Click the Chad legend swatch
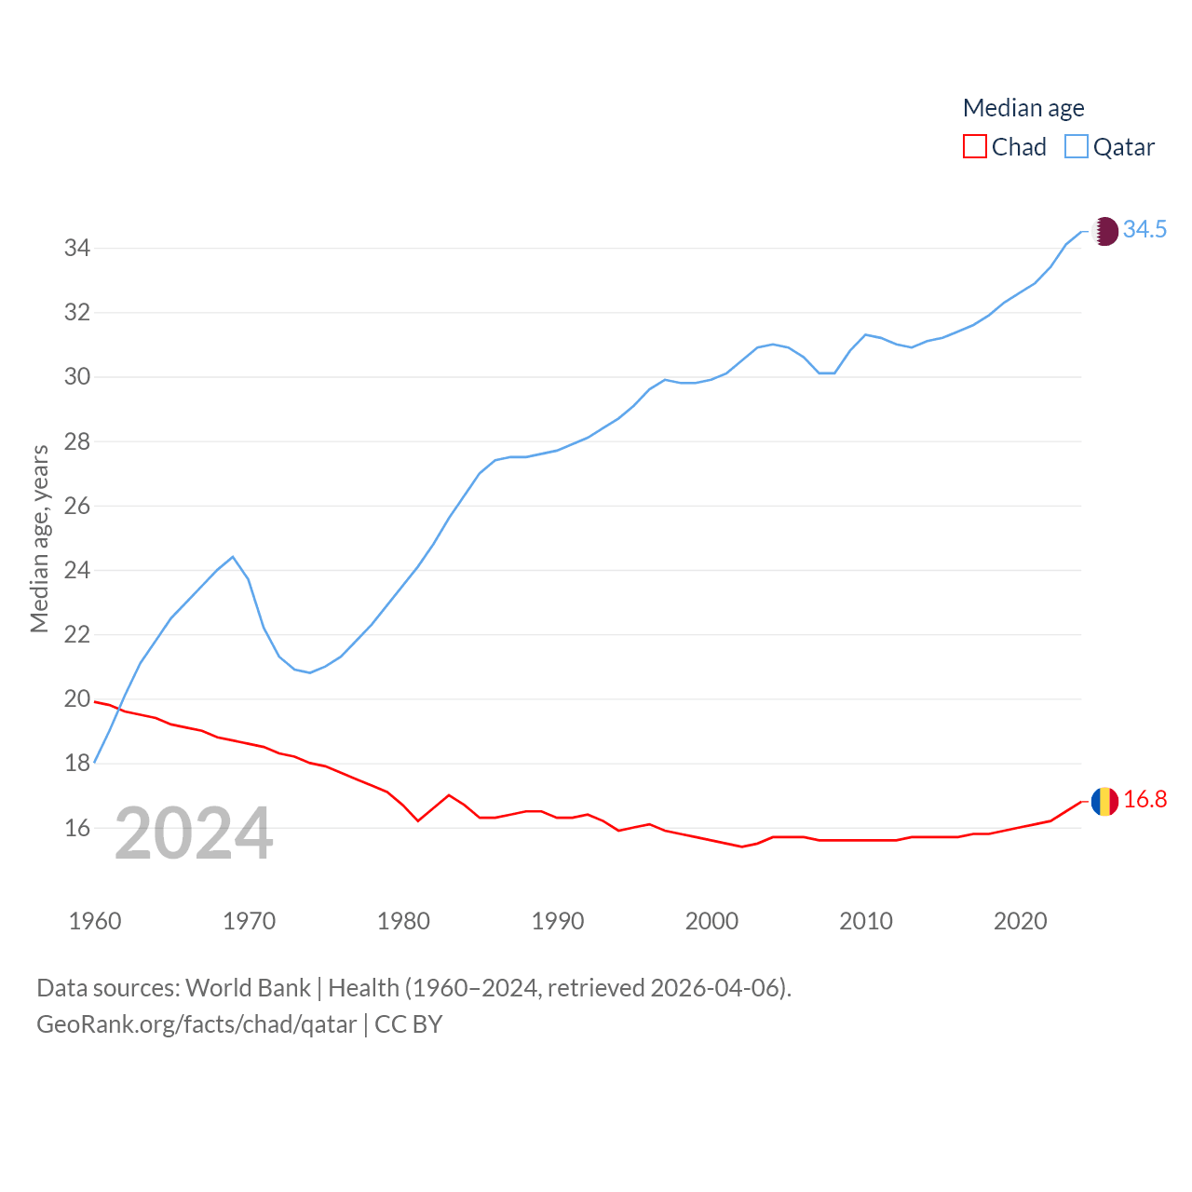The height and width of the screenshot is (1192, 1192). pos(974,147)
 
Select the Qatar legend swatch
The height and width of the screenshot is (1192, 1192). pos(1076,147)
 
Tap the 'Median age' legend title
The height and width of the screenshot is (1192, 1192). pos(1023,108)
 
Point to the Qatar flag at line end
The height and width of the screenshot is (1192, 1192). pos(1104,231)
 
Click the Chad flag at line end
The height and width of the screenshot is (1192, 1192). pos(1104,801)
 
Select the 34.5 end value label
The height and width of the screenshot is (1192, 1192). pos(1145,229)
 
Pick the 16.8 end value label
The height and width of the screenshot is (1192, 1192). pos(1145,800)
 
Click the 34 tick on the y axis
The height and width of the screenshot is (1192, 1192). pos(76,249)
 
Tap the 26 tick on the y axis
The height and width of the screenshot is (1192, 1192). pos(76,507)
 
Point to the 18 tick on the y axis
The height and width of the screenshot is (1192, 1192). pos(76,764)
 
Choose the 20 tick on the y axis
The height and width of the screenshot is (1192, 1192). pos(76,699)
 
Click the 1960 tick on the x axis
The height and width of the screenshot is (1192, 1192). pos(95,922)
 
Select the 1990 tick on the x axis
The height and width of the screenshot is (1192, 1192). pos(558,922)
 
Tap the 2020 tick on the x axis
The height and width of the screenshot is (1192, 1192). pos(1021,922)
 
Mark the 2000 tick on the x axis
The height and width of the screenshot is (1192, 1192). pos(711,922)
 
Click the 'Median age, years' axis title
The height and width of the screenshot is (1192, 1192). pos(39,539)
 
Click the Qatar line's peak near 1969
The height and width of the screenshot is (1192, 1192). pos(233,557)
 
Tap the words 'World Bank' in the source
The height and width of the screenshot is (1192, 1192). pos(248,988)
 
